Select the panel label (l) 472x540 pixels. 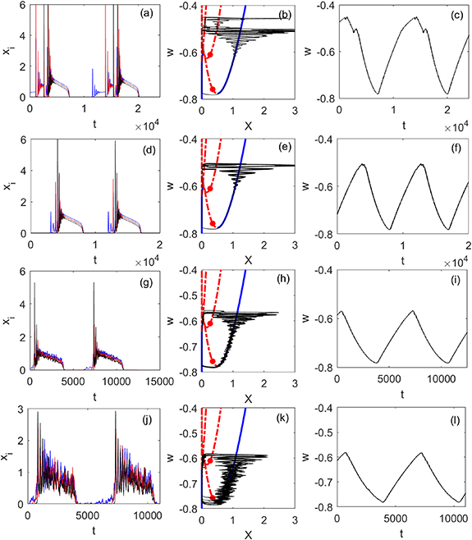(451, 417)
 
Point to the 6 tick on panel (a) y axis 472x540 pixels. (24, 6)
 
